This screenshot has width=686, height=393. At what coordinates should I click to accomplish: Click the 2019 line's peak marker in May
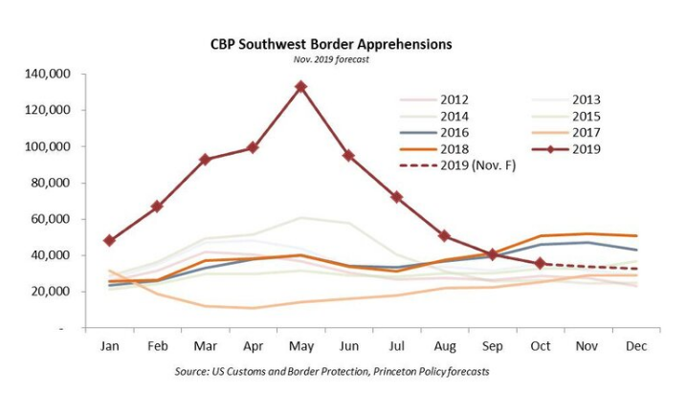point(301,87)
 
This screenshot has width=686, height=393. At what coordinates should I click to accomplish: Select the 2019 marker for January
point(109,241)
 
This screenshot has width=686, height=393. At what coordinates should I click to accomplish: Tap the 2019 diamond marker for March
point(206,160)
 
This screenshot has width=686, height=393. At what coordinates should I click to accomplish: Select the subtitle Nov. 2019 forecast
point(330,58)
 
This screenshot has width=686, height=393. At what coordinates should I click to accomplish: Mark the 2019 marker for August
point(445,235)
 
